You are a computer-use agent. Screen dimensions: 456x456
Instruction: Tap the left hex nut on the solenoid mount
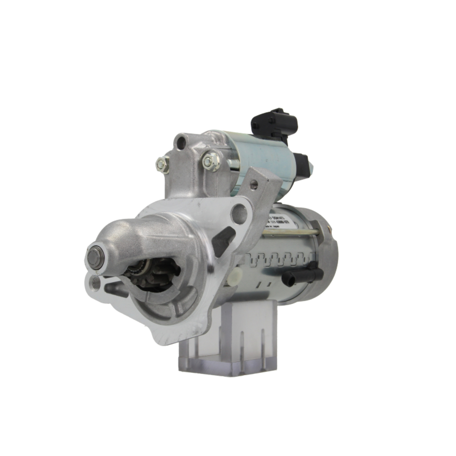pyautogui.click(x=162, y=164)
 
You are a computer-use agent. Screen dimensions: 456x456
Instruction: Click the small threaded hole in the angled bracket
pyautogui.click(x=254, y=184)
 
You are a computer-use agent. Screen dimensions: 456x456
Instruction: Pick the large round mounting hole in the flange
pyautogui.click(x=239, y=213)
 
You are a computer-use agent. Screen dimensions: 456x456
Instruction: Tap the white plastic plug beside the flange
pyautogui.click(x=235, y=276)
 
